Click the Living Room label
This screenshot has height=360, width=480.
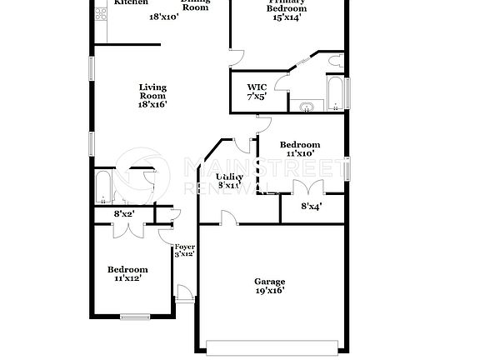[152, 87]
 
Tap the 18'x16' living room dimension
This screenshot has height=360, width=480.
[152, 104]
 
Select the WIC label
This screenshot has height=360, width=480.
[256, 87]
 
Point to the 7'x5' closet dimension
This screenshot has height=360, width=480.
[256, 97]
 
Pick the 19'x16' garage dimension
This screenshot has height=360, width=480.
[270, 292]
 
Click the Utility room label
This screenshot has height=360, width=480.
[229, 177]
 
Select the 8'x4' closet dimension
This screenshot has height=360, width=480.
[311, 206]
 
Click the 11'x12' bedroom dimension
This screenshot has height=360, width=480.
[127, 279]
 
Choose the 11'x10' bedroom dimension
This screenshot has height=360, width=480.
[299, 153]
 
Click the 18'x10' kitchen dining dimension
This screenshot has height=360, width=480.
[164, 17]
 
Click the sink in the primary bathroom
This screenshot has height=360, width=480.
[306, 106]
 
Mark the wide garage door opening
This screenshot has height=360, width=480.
[272, 345]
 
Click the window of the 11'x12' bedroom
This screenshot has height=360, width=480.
[133, 316]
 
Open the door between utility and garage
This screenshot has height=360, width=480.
[227, 217]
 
